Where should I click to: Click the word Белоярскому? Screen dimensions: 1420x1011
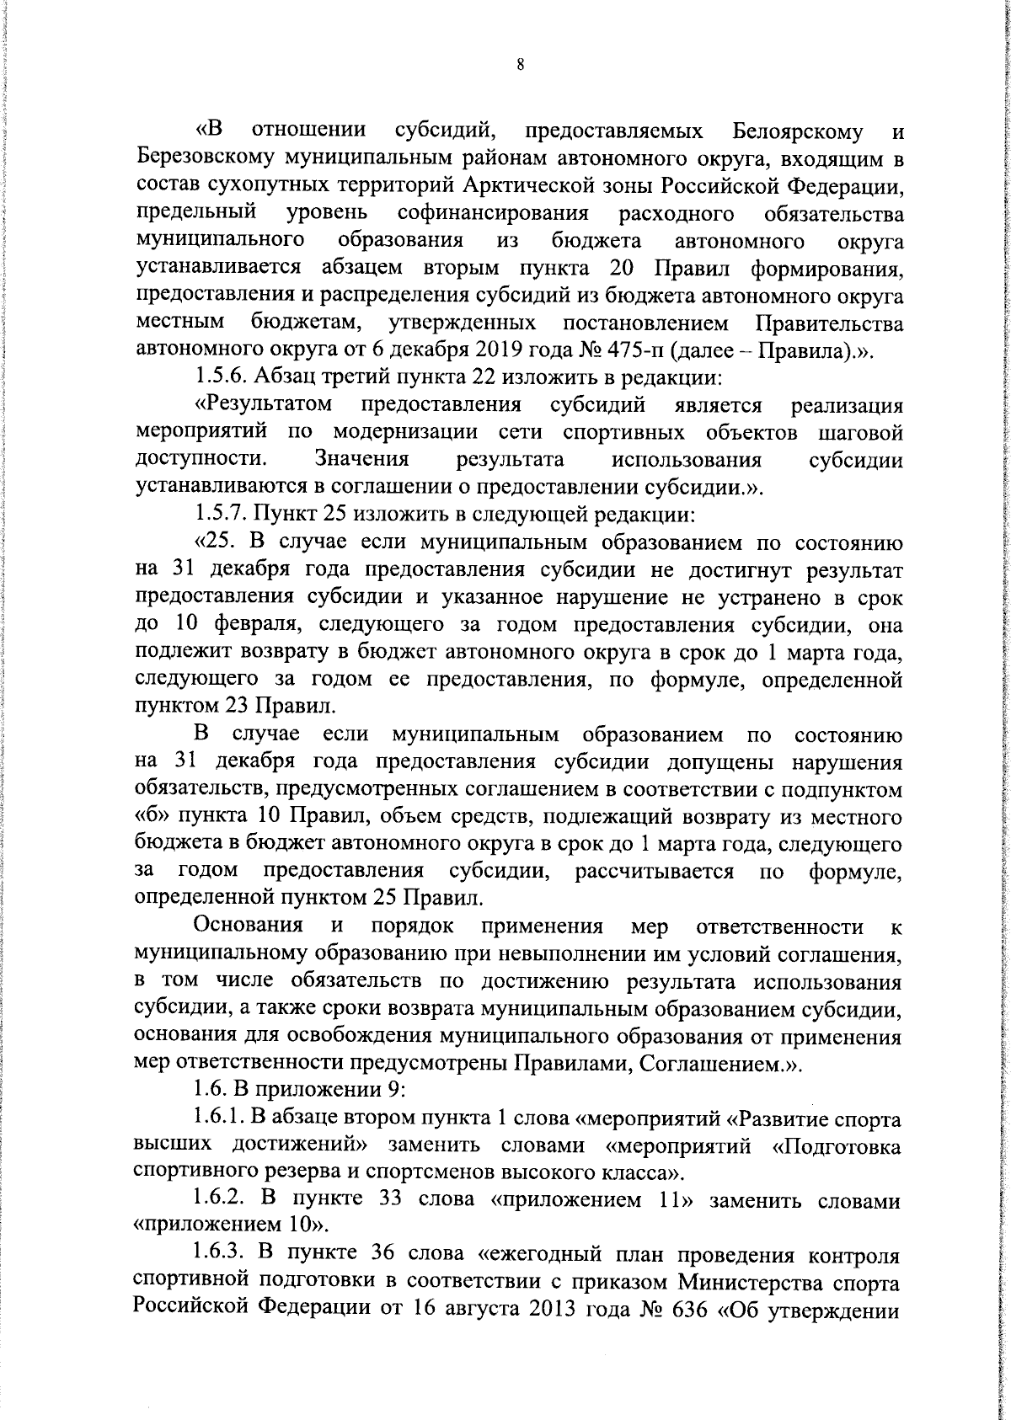797,132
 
